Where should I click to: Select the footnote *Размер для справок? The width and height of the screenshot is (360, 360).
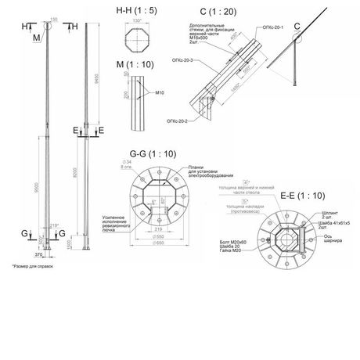point(30,268)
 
